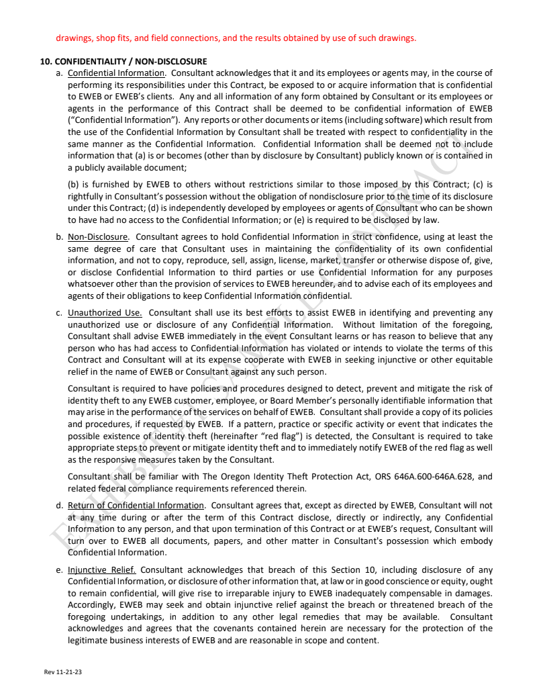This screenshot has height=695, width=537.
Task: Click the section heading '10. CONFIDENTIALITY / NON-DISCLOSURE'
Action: click(x=124, y=62)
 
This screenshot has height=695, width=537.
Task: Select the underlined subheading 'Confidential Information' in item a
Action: click(x=116, y=73)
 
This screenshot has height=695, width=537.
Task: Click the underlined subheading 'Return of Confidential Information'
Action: click(x=136, y=505)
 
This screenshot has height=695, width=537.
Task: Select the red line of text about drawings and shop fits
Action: click(x=236, y=38)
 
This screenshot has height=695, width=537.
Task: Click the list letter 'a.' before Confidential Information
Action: click(x=60, y=73)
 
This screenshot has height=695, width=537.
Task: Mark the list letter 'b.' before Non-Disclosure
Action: click(x=60, y=236)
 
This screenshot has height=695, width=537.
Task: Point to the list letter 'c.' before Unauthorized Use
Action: click(x=60, y=312)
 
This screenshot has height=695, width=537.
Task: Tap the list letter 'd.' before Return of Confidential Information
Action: click(x=60, y=505)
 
